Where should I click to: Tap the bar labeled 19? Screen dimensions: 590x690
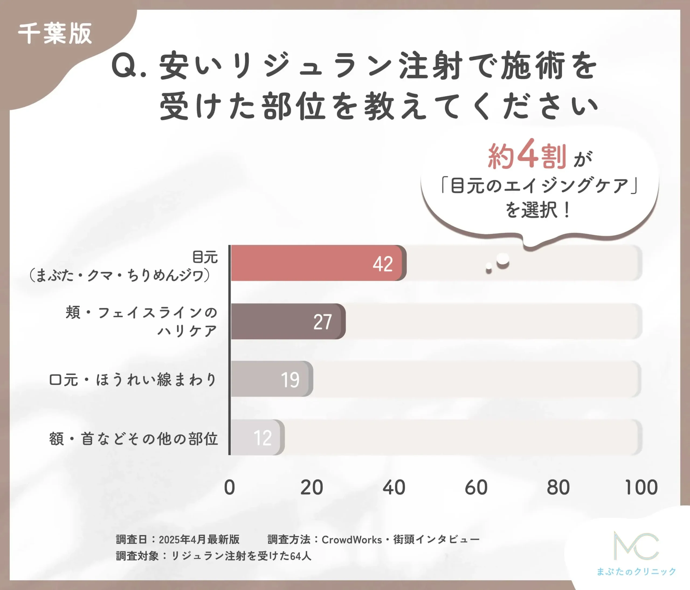click(271, 379)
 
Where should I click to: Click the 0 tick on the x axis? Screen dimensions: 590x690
click(229, 488)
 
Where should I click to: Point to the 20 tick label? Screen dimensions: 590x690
click(311, 488)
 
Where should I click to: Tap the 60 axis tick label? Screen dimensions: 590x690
click(476, 488)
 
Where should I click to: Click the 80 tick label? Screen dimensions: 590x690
click(558, 488)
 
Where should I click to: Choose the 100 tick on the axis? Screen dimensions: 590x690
click(641, 488)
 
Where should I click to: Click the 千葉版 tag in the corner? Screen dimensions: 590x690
click(55, 34)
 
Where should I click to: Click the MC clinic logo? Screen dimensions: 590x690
click(636, 546)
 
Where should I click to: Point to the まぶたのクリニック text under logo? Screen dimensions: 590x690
click(636, 572)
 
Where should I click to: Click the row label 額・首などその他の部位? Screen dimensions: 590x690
click(133, 439)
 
